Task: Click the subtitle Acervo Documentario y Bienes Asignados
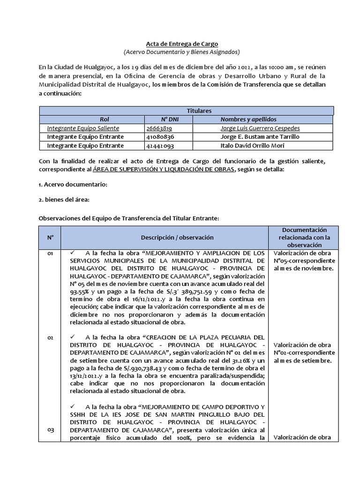click(181, 52)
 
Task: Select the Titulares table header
click(186, 111)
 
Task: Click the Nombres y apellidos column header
click(248, 120)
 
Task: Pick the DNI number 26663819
click(159, 128)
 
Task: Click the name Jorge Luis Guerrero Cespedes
click(260, 128)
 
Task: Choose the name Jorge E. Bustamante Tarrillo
click(259, 137)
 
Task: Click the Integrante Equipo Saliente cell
click(83, 128)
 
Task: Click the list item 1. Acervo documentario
click(73, 184)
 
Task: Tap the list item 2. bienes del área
click(64, 200)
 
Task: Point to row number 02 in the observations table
click(50, 337)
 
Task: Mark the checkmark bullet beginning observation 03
click(72, 405)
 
